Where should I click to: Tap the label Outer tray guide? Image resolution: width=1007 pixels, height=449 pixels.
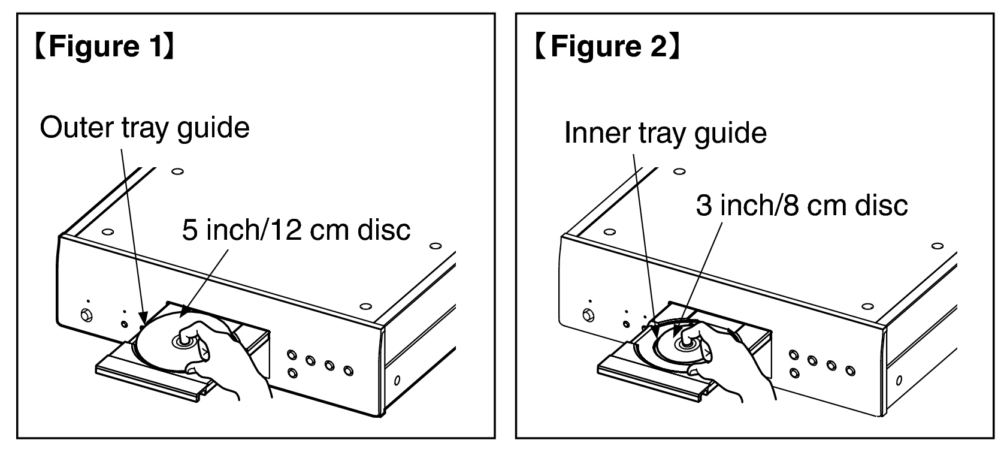pos(145,128)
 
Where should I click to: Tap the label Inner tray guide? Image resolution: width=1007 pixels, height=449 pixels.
pos(666,132)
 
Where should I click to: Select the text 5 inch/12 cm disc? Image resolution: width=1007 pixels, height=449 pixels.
pos(296,230)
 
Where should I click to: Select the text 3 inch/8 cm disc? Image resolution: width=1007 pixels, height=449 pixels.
pos(802,206)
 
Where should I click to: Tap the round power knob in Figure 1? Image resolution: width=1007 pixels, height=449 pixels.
pos(86,315)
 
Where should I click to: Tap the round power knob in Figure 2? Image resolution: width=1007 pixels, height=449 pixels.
pos(588,315)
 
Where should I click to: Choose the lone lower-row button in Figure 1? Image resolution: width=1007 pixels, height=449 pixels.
pos(293,373)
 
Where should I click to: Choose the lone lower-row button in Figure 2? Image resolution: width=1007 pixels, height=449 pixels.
pos(794,373)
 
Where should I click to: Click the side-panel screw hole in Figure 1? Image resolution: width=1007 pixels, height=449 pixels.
pos(397,381)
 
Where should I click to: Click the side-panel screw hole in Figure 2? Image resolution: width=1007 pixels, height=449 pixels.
pos(899,381)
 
